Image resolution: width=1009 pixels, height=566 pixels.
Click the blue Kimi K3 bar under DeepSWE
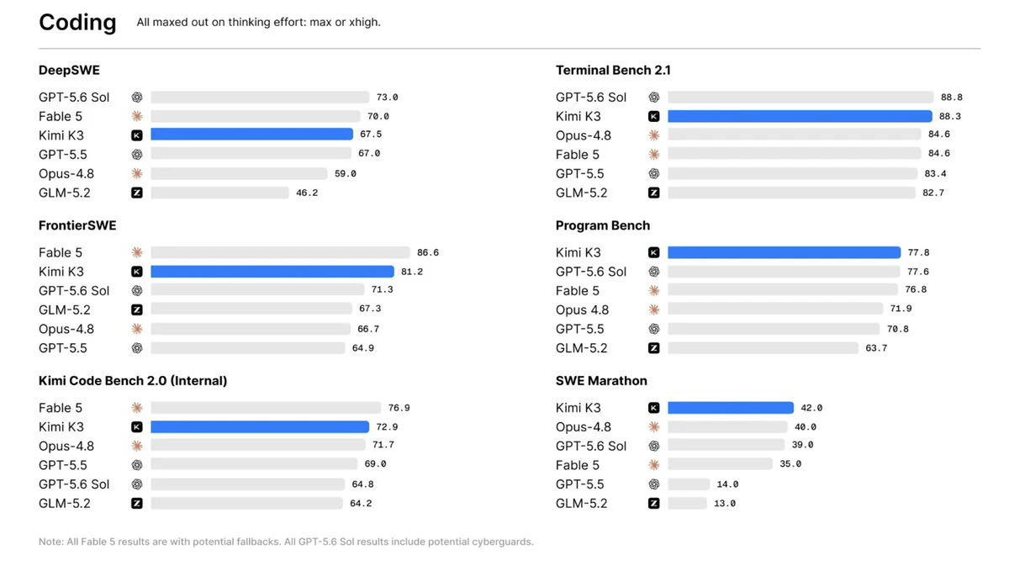(251, 135)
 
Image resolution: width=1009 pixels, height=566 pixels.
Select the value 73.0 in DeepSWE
(388, 98)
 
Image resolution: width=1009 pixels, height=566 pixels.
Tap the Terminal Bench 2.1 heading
(613, 71)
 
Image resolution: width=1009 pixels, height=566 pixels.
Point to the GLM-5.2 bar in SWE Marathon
(688, 504)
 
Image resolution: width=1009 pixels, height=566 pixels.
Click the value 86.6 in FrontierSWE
(428, 253)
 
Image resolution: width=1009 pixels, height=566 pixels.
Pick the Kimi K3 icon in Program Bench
(654, 253)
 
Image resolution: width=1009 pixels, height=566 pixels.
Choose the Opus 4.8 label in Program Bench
(582, 310)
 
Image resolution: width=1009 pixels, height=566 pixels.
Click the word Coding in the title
(77, 23)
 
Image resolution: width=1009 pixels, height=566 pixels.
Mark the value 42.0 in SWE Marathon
(811, 408)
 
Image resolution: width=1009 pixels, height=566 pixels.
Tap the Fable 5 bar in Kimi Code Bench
(266, 408)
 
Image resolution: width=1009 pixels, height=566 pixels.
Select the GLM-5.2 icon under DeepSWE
(137, 193)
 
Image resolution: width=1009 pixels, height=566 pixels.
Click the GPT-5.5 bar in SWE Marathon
(689, 484)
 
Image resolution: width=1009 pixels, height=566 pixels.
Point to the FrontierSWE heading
(77, 225)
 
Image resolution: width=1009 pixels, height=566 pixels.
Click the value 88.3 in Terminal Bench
(950, 117)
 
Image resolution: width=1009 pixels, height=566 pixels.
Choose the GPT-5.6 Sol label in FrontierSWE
(74, 291)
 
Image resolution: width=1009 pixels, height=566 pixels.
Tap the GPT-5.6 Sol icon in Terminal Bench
(654, 98)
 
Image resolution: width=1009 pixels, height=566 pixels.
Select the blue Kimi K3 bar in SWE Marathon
(731, 408)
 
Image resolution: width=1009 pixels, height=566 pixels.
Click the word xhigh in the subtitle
(364, 23)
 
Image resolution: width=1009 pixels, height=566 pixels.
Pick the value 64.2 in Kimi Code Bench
(362, 504)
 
